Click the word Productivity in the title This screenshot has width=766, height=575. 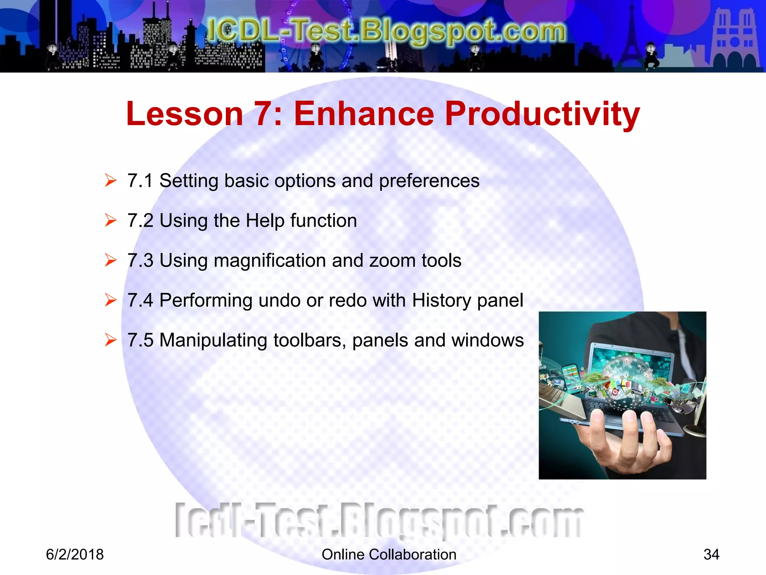pos(542,114)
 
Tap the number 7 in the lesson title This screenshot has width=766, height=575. pos(265,114)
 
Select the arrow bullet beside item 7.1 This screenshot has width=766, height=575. pos(111,180)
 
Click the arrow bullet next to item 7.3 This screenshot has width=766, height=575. pos(111,260)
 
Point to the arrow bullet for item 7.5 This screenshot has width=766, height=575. pos(111,340)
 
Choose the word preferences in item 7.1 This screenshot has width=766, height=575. pos(429,181)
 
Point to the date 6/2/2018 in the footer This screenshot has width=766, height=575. pos(75,554)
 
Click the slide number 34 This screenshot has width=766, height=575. pos(711,554)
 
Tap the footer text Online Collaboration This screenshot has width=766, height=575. pos(389,554)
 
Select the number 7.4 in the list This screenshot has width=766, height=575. pos(140,300)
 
